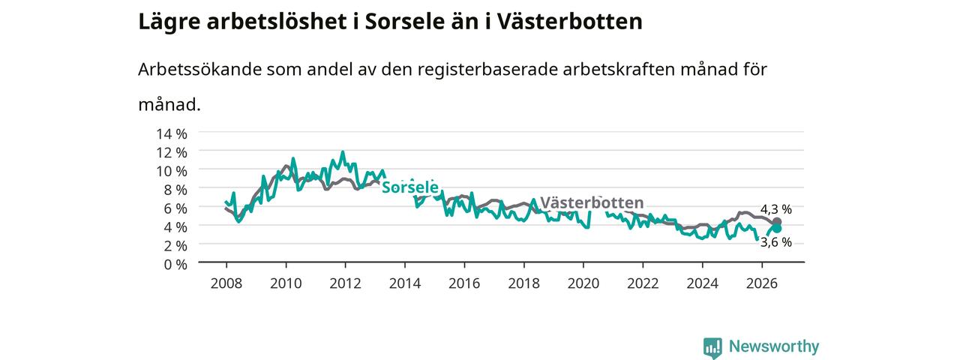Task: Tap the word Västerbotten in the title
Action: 570,22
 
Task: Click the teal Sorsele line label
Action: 410,187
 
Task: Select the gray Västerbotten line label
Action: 592,202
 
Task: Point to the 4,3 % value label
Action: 776,209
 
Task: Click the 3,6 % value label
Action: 776,242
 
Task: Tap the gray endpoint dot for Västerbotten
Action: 777,221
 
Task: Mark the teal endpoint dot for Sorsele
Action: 777,229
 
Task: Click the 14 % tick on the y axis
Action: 172,134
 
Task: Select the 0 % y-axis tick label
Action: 175,265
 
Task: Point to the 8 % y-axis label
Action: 175,190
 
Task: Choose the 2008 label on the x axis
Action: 226,283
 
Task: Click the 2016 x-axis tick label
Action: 464,283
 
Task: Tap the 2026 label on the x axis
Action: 761,283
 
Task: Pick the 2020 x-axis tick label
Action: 583,283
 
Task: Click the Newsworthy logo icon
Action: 712,347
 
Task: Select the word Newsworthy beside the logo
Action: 774,346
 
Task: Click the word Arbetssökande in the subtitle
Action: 199,70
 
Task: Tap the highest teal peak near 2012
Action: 343,151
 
